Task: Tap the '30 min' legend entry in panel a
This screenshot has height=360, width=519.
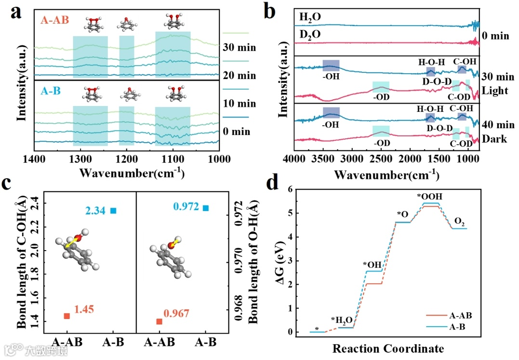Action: [x=239, y=48]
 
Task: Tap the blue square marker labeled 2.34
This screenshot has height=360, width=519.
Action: [x=113, y=211]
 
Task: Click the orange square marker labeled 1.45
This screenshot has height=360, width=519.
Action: [x=67, y=316]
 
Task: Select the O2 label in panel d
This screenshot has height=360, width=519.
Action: [x=460, y=220]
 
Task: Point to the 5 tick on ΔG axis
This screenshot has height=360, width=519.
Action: [x=291, y=213]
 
